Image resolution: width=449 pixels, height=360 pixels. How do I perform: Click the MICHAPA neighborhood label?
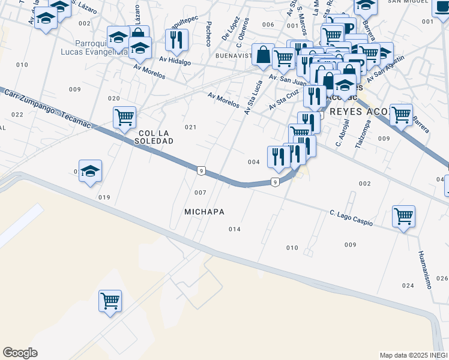[x=205, y=212]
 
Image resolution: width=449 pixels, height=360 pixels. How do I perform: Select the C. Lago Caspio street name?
[x=351, y=218]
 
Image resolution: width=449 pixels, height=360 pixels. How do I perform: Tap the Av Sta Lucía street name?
[x=253, y=97]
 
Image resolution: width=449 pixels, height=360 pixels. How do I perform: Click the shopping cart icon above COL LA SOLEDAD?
[x=124, y=117]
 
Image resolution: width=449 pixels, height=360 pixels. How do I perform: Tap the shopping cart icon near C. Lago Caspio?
[x=404, y=216]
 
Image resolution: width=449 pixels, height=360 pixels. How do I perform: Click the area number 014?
[x=235, y=229]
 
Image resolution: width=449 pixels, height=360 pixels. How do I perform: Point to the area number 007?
[x=200, y=193]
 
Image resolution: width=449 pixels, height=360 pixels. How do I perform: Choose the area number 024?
[x=408, y=285]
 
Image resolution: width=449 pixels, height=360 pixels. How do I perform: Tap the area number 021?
[x=191, y=127]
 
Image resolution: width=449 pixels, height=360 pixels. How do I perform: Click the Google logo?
[x=20, y=353]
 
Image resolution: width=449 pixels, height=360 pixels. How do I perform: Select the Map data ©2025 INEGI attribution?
[x=413, y=355]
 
